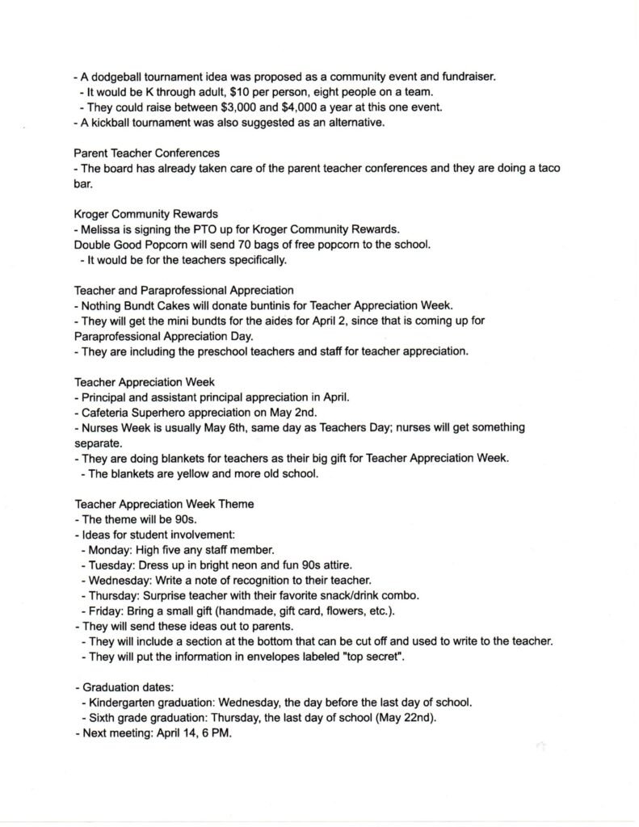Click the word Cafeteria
(107, 412)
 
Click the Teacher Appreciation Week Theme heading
(164, 504)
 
